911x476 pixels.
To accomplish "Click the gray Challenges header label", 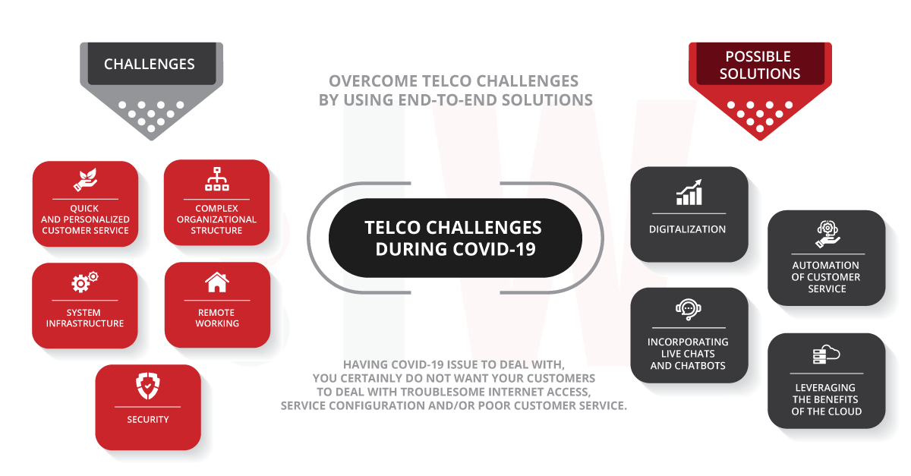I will [149, 65].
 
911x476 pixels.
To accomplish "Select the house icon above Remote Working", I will [217, 282].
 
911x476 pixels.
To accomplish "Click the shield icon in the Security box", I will [147, 386].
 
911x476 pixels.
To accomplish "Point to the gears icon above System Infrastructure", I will [84, 282].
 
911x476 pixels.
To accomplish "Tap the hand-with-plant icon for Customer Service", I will [84, 179].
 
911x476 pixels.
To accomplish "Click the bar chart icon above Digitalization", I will [689, 192].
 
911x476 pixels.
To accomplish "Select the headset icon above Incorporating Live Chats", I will [688, 309].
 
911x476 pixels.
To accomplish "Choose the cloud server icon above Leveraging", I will [826, 355].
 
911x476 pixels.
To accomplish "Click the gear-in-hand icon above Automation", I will [827, 235].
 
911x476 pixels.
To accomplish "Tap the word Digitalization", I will [688, 229].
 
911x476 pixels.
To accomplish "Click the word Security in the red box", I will [148, 419].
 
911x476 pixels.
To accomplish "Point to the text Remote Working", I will [217, 318].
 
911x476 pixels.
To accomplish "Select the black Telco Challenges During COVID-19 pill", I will [455, 238].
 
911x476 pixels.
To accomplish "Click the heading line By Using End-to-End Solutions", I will [455, 99].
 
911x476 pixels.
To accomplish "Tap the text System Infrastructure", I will [85, 318].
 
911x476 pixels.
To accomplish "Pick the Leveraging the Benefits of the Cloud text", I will [827, 399].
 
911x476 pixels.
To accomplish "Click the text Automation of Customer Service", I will [827, 277].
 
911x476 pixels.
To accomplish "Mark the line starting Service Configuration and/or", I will [454, 405].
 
